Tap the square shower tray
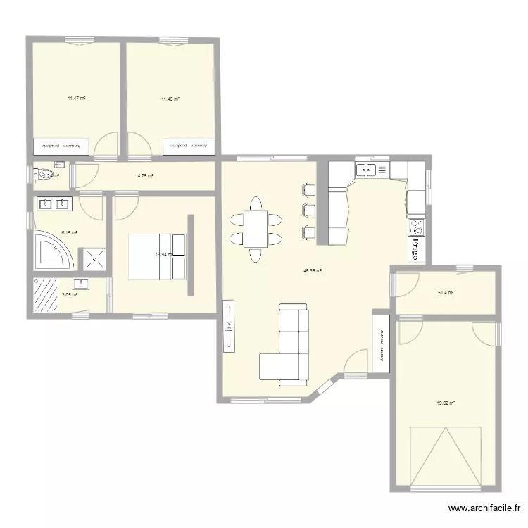94,258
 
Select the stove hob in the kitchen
416,227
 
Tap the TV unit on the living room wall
228,325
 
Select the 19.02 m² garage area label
445,403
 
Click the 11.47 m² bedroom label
76,99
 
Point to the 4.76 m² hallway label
145,176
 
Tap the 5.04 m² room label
445,293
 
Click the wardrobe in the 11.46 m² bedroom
188,146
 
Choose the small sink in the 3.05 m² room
82,284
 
